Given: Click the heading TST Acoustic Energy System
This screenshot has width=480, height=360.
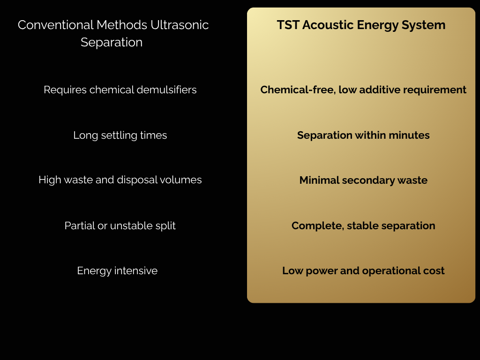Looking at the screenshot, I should pyautogui.click(x=361, y=25).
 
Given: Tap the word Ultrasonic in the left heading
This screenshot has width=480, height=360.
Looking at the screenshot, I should pyautogui.click(x=180, y=25).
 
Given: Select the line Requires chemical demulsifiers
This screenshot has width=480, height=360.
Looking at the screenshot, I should pyautogui.click(x=120, y=90).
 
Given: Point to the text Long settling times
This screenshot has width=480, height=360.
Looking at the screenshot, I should pyautogui.click(x=120, y=135).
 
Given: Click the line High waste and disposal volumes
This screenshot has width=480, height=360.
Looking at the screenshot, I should pyautogui.click(x=120, y=180).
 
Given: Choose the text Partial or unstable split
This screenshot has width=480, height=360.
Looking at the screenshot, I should pyautogui.click(x=120, y=225).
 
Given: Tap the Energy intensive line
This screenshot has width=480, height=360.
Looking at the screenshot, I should pyautogui.click(x=117, y=271).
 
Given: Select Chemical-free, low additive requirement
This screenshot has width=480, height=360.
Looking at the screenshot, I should pyautogui.click(x=363, y=90).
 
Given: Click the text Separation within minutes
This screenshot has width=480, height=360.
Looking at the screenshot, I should pyautogui.click(x=363, y=135).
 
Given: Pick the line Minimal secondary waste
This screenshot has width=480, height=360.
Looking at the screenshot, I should pyautogui.click(x=363, y=180).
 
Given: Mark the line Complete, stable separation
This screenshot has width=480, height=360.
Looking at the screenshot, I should pyautogui.click(x=363, y=225).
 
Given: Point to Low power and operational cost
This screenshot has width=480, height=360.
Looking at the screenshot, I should pyautogui.click(x=363, y=271).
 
